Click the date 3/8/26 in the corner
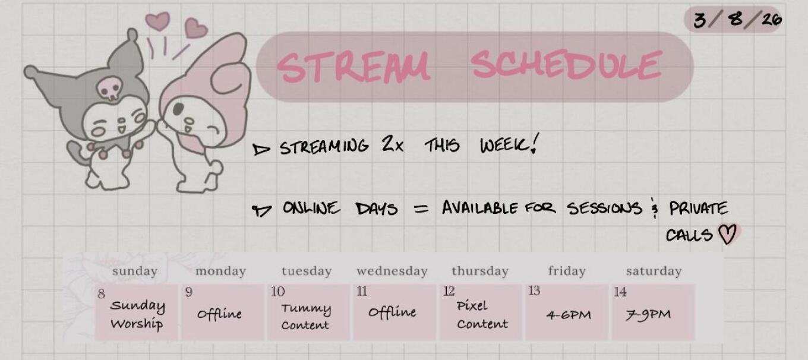pyautogui.click(x=737, y=20)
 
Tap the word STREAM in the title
pyautogui.click(x=353, y=67)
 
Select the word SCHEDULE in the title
pyautogui.click(x=567, y=65)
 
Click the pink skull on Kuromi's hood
pyautogui.click(x=110, y=88)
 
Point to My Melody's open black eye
pyautogui.click(x=179, y=109)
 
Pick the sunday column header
pyautogui.click(x=134, y=271)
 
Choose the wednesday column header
pyautogui.click(x=392, y=271)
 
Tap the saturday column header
pyautogui.click(x=654, y=271)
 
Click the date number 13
pyautogui.click(x=534, y=290)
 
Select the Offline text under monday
pyautogui.click(x=219, y=314)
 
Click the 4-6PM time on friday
pyautogui.click(x=569, y=315)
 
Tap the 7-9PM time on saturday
pyautogui.click(x=648, y=314)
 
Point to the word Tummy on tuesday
pyautogui.click(x=306, y=309)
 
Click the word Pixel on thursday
pyautogui.click(x=472, y=306)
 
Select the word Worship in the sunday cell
pyautogui.click(x=137, y=324)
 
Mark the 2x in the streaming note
pyautogui.click(x=393, y=144)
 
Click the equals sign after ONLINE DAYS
pyautogui.click(x=421, y=209)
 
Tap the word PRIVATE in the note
pyautogui.click(x=698, y=209)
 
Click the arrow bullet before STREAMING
pyautogui.click(x=261, y=149)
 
